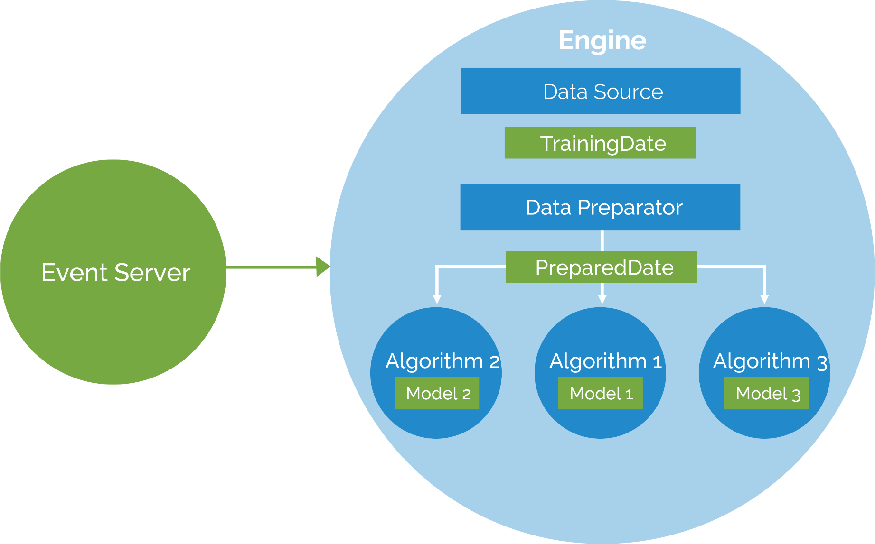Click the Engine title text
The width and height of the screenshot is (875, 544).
click(x=602, y=41)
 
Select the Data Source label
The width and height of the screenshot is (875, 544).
click(x=602, y=92)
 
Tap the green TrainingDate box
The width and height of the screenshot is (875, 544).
click(x=600, y=143)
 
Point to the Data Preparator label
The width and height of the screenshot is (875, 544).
click(x=603, y=208)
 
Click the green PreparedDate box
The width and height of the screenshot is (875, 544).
click(x=601, y=267)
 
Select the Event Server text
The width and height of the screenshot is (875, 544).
click(x=115, y=273)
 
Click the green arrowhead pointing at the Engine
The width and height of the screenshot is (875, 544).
click(x=323, y=267)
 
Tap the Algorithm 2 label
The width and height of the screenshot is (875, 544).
click(x=442, y=361)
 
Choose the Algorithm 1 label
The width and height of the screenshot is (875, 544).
click(x=605, y=361)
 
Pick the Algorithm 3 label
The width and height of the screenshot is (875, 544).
click(x=770, y=361)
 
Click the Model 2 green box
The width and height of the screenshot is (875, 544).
click(x=437, y=393)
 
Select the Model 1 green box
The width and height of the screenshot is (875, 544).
click(x=600, y=393)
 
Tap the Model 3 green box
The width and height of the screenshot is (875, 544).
click(x=766, y=393)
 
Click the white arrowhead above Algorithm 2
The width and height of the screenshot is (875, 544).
click(x=437, y=299)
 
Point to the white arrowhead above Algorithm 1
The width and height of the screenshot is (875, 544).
click(x=602, y=299)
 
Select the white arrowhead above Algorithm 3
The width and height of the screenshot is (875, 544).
click(x=764, y=299)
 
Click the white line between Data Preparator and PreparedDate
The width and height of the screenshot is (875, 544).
click(x=602, y=240)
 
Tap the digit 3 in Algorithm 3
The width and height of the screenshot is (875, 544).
click(x=822, y=363)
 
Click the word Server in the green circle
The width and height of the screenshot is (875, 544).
click(x=152, y=273)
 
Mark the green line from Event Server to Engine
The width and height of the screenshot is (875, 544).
click(x=271, y=267)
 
